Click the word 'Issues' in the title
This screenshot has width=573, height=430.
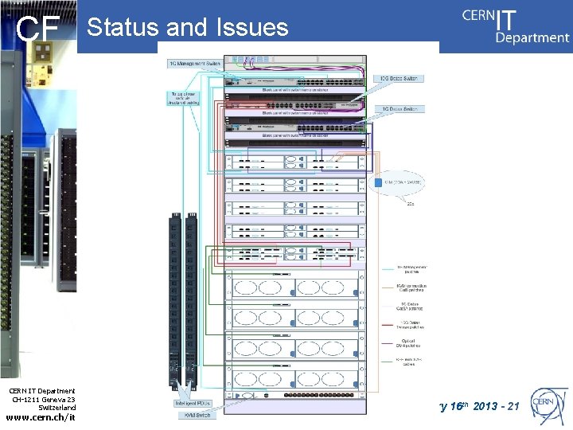click(250, 28)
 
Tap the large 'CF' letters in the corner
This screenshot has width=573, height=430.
click(39, 30)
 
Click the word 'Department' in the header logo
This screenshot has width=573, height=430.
click(532, 37)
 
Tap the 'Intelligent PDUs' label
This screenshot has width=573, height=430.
click(194, 404)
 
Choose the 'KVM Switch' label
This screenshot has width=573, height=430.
click(194, 416)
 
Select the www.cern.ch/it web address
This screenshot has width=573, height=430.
click(41, 416)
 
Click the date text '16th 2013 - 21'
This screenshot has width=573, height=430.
click(482, 407)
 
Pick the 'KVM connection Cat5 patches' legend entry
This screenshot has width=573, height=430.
click(411, 288)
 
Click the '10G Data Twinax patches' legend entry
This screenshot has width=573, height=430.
click(411, 325)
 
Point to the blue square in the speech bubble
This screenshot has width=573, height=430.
click(380, 182)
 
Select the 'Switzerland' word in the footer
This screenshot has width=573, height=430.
click(57, 408)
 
